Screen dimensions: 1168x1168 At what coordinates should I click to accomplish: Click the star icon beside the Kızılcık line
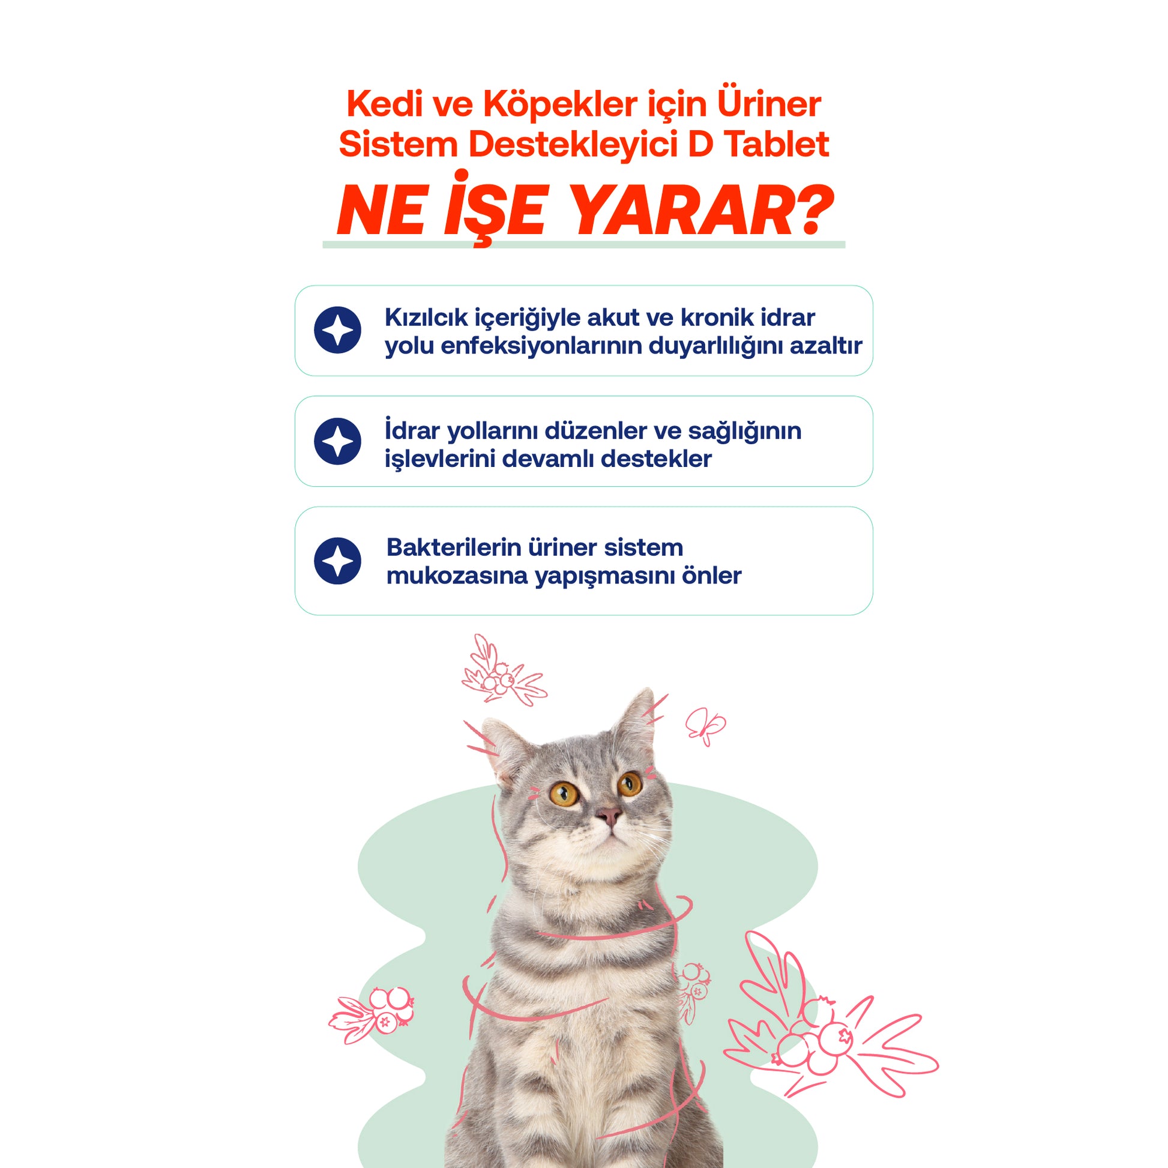coord(337,330)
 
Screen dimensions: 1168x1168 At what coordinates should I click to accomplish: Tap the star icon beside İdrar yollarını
coord(337,441)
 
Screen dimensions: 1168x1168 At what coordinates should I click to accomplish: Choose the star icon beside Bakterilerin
coord(337,561)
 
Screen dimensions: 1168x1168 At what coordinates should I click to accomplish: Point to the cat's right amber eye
coord(630,784)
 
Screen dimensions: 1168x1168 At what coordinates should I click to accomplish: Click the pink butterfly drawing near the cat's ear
coord(705,726)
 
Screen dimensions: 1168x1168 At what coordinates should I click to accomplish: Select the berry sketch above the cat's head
coord(503,672)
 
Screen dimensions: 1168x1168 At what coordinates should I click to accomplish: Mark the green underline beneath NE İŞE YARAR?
coord(583,244)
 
